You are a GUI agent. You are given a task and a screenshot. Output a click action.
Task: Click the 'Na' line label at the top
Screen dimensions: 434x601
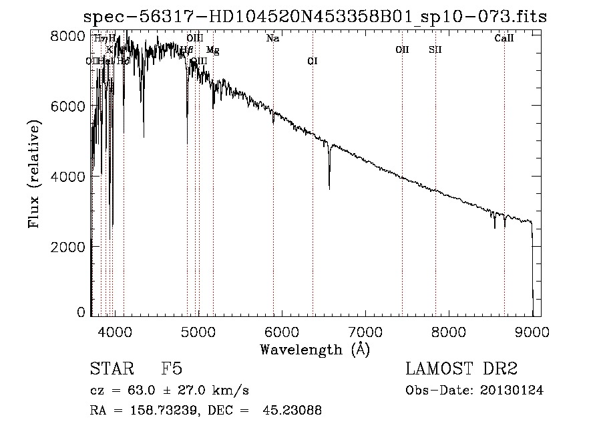click(272, 39)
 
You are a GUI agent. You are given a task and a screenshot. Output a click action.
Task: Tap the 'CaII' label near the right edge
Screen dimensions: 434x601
click(504, 39)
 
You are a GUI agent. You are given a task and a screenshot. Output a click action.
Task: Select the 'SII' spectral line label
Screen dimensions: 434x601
click(435, 49)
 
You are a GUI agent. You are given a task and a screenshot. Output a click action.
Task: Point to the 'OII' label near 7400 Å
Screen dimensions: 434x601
click(402, 49)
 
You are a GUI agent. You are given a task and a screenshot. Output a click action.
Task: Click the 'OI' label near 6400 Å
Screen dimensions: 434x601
click(312, 62)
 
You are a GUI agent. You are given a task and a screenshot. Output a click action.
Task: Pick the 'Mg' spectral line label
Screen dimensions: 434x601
click(212, 50)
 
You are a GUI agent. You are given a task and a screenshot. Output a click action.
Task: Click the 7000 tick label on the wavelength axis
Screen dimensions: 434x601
click(365, 331)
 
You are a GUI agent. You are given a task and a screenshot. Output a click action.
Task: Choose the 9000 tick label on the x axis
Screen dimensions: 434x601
click(532, 331)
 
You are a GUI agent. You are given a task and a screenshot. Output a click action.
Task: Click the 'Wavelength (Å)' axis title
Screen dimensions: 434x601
click(315, 349)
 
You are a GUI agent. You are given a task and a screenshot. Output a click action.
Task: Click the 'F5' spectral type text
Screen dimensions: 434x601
click(172, 369)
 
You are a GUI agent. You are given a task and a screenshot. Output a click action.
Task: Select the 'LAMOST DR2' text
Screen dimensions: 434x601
click(461, 369)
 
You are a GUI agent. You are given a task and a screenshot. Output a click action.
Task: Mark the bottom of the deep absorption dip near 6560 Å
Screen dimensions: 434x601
click(329, 189)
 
